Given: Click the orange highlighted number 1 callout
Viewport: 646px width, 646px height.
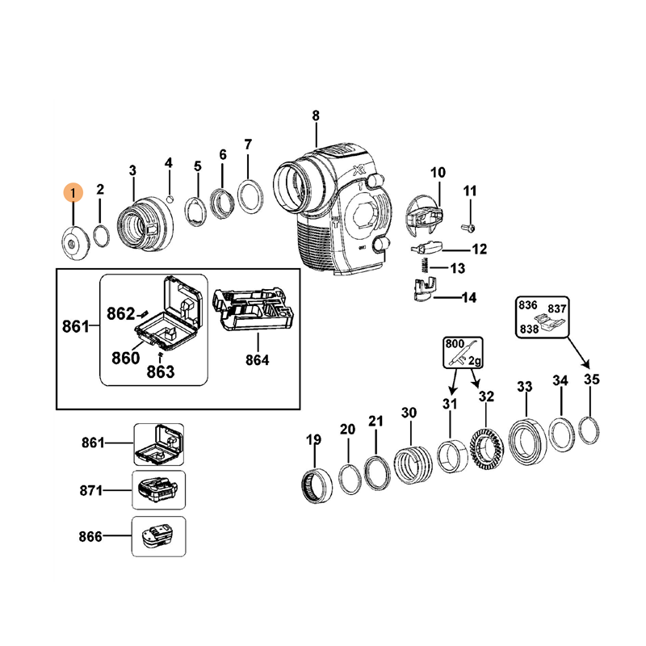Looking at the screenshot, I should [x=73, y=193].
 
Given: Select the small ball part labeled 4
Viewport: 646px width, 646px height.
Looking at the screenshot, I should [x=170, y=198].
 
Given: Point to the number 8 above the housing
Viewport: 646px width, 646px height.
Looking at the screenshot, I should [x=316, y=115].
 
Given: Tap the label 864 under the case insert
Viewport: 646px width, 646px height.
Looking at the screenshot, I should [x=258, y=359].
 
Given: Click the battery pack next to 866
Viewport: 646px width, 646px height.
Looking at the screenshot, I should [x=159, y=537].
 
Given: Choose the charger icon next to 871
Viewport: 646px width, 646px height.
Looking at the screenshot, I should [x=158, y=490].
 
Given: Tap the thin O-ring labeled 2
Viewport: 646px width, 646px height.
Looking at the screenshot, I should [x=101, y=236].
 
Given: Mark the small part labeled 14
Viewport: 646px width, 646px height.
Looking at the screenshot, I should [x=423, y=290].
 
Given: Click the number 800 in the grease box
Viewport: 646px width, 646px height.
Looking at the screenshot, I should [x=455, y=342].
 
